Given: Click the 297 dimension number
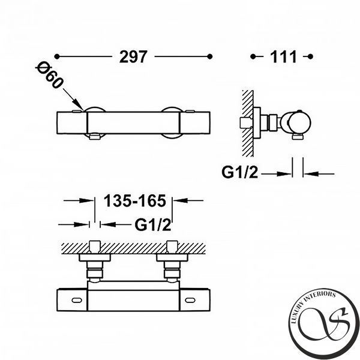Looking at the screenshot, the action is (133, 57).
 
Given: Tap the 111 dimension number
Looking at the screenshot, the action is (283, 57).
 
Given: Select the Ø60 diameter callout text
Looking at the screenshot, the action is (49, 75).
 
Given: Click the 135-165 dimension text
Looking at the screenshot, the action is (135, 200).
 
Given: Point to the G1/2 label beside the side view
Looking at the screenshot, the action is (239, 172).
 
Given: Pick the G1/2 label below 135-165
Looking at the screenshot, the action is (153, 224).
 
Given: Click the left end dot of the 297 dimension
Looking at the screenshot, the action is (57, 56).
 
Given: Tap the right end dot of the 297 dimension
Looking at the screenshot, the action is (209, 56).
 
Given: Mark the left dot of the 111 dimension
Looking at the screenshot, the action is (253, 56).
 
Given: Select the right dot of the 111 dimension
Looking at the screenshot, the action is (310, 56).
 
